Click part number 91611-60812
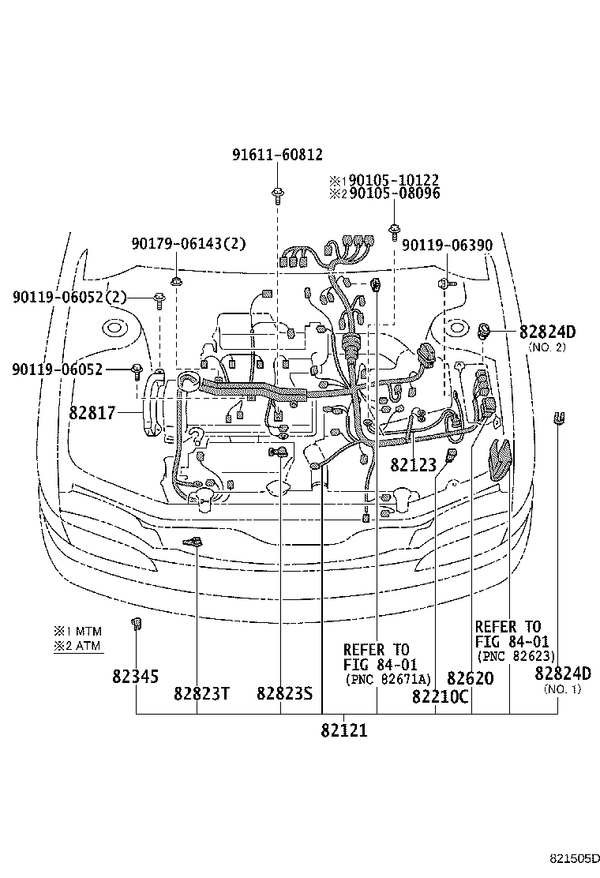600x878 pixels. coord(277,156)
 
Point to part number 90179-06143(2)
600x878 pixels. coord(189,244)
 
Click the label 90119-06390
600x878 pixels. coord(447,246)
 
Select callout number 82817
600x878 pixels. coord(92,412)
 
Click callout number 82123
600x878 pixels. coord(413,465)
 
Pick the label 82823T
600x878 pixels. coord(201,694)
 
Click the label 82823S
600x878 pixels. coord(285,694)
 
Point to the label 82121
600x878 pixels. coord(344,730)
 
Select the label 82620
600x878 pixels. coord(470,679)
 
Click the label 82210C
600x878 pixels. coord(440,696)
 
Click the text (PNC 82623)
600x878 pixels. coord(516,656)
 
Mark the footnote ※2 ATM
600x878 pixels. coord(78,646)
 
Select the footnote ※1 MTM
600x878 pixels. coord(78,632)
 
